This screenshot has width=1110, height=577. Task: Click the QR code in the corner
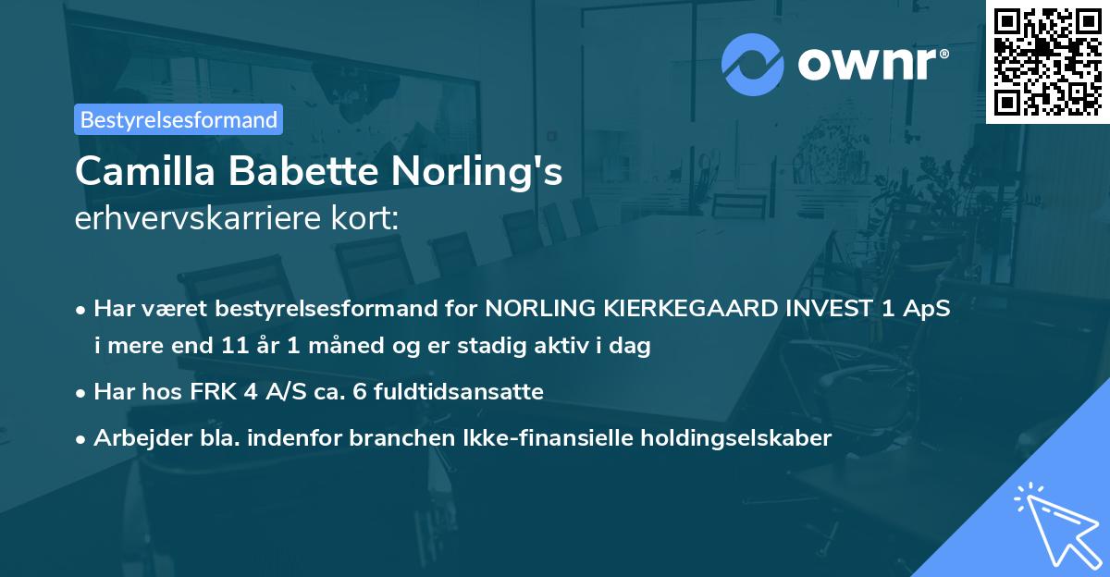click(x=1047, y=61)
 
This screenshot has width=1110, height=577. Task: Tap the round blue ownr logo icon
click(x=752, y=64)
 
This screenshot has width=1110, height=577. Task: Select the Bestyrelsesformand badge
click(x=179, y=119)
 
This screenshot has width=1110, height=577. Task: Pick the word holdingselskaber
click(x=734, y=438)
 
